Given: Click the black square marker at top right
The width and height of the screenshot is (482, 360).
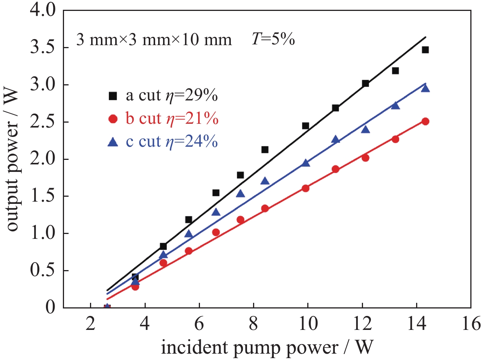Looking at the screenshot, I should click(x=425, y=50).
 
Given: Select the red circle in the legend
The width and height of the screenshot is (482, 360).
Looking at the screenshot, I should click(x=113, y=119).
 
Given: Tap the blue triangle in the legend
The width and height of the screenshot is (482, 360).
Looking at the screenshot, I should click(x=113, y=142).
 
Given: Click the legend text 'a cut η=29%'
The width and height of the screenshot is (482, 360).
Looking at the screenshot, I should click(x=172, y=96).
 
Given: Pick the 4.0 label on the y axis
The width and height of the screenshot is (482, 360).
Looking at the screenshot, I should click(x=43, y=11).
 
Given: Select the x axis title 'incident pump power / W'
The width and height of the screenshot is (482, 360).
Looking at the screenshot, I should click(x=267, y=347).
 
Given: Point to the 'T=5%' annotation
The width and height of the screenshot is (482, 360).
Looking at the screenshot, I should click(x=273, y=39).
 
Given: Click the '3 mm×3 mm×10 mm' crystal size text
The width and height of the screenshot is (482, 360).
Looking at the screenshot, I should click(x=154, y=39).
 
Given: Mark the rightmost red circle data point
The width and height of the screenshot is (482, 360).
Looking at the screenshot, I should click(x=425, y=122).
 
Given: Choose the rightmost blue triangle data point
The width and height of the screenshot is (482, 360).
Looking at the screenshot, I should click(x=425, y=88).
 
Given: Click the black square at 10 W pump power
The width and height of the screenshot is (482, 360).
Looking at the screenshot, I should click(x=305, y=126).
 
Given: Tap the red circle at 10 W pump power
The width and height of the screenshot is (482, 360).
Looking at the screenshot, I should click(x=305, y=188).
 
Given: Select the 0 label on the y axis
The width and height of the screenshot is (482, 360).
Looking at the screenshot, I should click(x=50, y=307).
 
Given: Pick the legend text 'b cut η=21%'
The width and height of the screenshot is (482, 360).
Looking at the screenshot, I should click(x=172, y=119).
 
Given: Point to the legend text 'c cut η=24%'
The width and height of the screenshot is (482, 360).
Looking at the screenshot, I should click(x=172, y=141).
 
